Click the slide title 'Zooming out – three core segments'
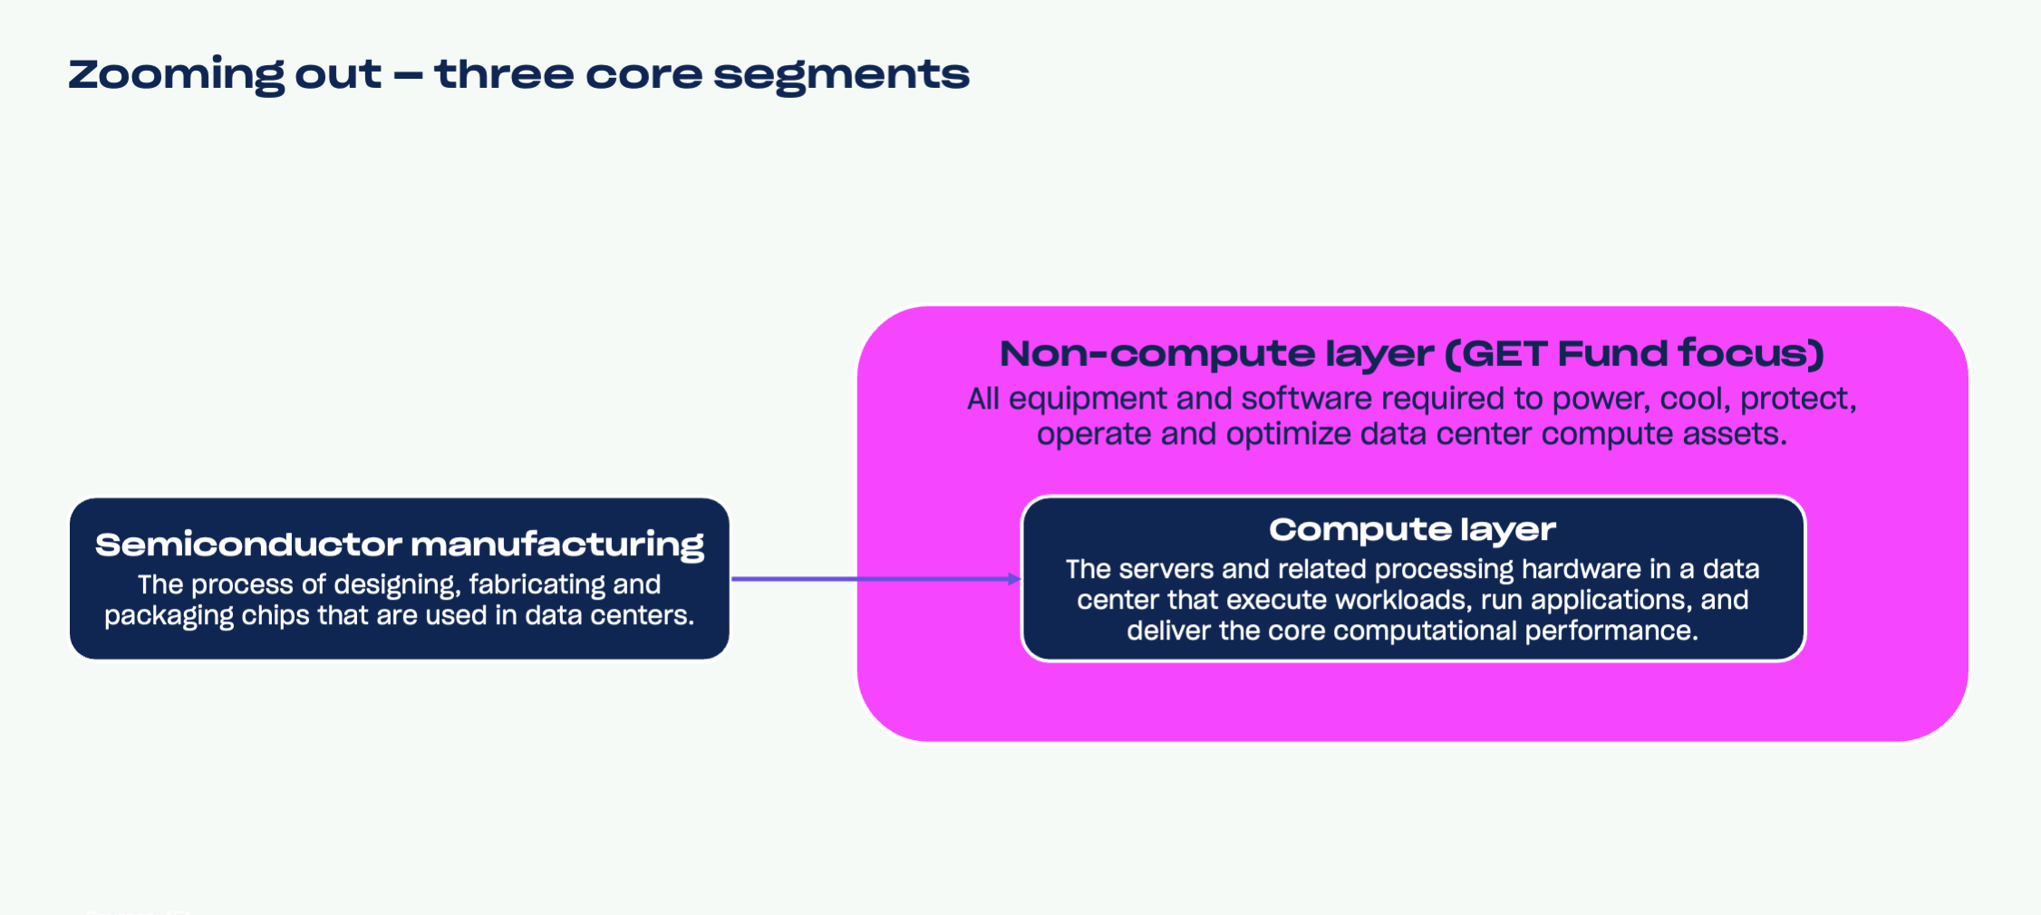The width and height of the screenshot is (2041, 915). tap(518, 74)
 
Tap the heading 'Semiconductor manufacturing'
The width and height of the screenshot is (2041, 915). tap(400, 544)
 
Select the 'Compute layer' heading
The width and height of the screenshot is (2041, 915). tap(1412, 529)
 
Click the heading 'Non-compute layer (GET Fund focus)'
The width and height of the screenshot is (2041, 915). tap(1411, 353)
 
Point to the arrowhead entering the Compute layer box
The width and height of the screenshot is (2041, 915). tap(1015, 579)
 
